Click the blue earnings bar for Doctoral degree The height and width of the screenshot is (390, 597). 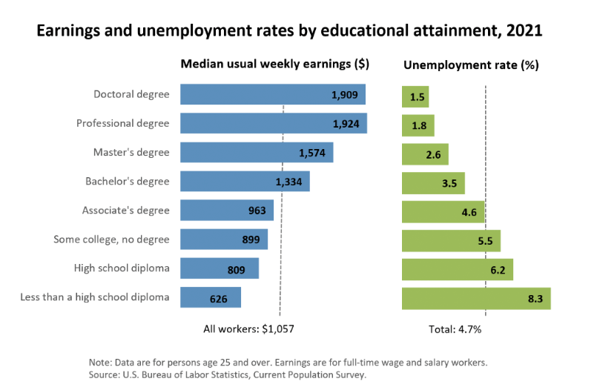252,94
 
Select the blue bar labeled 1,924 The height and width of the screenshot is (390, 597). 252,123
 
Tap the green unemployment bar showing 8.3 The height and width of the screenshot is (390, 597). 475,298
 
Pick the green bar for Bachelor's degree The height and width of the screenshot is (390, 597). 433,182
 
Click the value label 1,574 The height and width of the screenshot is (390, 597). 311,153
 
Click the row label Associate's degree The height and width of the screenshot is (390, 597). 125,211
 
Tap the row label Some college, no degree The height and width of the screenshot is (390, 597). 111,239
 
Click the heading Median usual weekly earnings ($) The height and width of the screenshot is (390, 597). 274,65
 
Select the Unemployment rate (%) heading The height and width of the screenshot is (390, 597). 470,65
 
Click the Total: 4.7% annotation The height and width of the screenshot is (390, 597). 455,329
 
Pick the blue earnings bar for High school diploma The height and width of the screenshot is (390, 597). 219,269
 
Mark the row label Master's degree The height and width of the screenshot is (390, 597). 131,153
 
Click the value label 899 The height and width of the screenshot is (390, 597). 251,240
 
